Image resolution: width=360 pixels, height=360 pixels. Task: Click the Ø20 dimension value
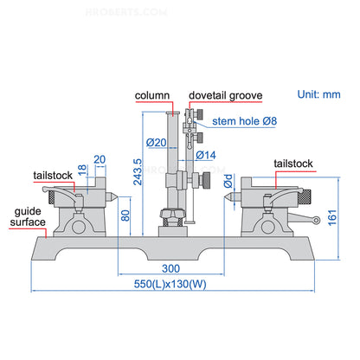tap(157, 143)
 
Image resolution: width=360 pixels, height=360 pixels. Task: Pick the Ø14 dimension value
tap(206, 155)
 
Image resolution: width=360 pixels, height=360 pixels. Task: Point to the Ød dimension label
tap(227, 183)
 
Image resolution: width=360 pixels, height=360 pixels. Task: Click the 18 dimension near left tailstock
tap(83, 171)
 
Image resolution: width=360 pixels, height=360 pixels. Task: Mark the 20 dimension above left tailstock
tap(99, 158)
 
